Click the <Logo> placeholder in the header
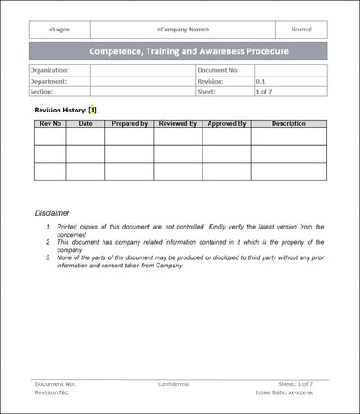(x=59, y=29)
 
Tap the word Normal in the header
(x=301, y=29)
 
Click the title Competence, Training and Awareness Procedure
(x=189, y=51)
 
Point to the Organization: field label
(x=48, y=69)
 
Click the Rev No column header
(x=49, y=123)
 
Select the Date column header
(x=85, y=123)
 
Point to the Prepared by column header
(x=129, y=123)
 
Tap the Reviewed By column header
(x=177, y=123)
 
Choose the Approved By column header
(x=226, y=123)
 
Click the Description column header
(x=288, y=123)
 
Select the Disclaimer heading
(x=52, y=213)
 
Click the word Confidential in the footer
(x=174, y=384)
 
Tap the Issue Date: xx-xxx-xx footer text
(x=284, y=393)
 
